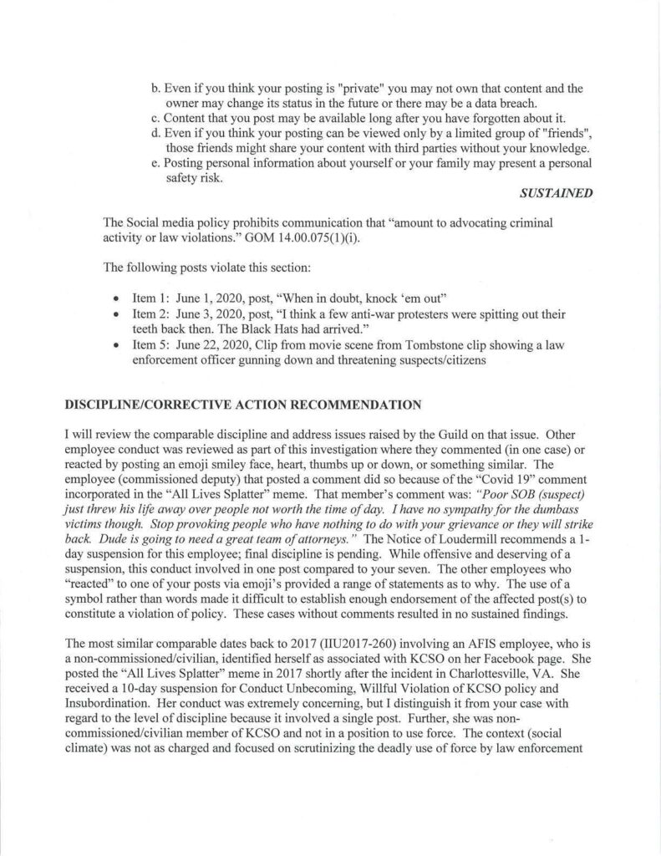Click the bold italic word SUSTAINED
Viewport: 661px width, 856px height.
click(x=556, y=193)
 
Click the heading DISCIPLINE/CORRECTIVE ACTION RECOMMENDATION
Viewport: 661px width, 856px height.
click(x=241, y=405)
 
